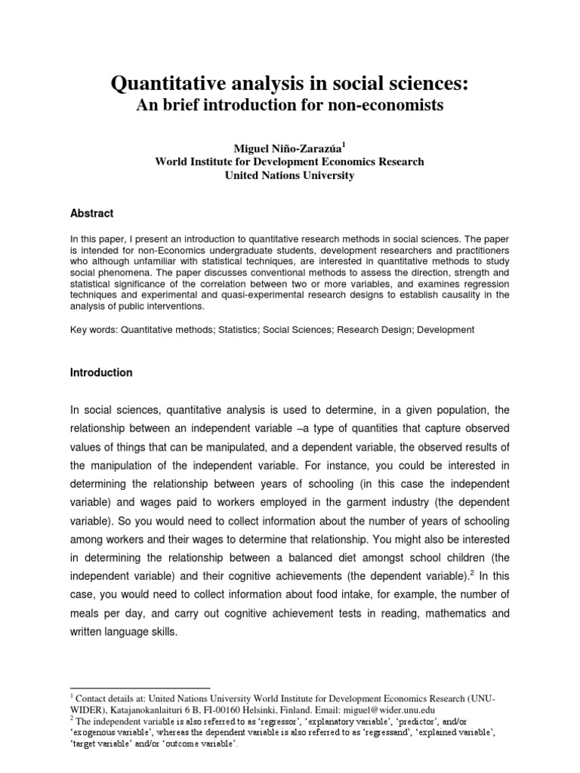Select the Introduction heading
click(x=101, y=372)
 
